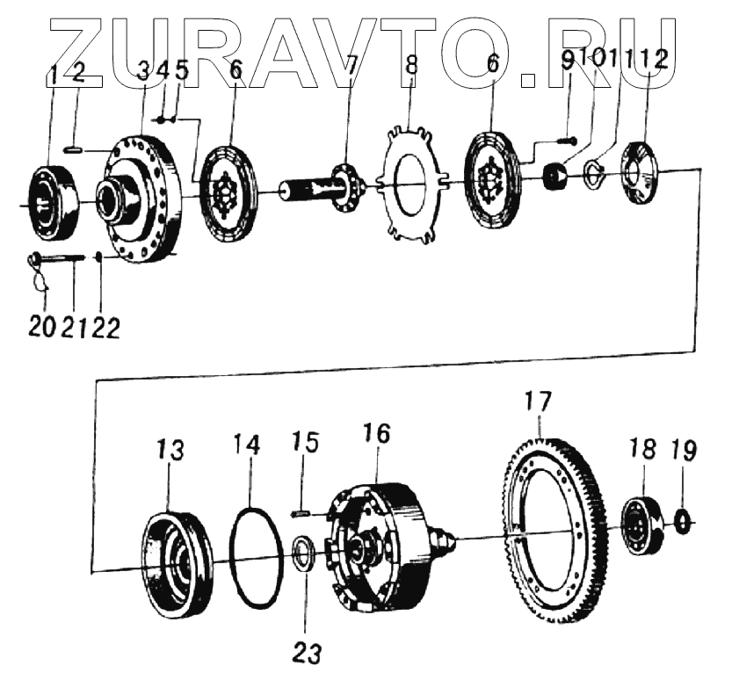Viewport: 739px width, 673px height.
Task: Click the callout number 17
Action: coord(538,402)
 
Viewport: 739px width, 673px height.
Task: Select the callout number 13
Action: coord(170,452)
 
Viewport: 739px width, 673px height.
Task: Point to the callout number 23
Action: coord(308,653)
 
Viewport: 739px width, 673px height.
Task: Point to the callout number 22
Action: coord(106,327)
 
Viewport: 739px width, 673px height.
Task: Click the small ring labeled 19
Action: coord(683,521)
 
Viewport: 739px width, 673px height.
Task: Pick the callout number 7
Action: coord(350,66)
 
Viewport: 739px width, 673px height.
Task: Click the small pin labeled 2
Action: coord(76,151)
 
